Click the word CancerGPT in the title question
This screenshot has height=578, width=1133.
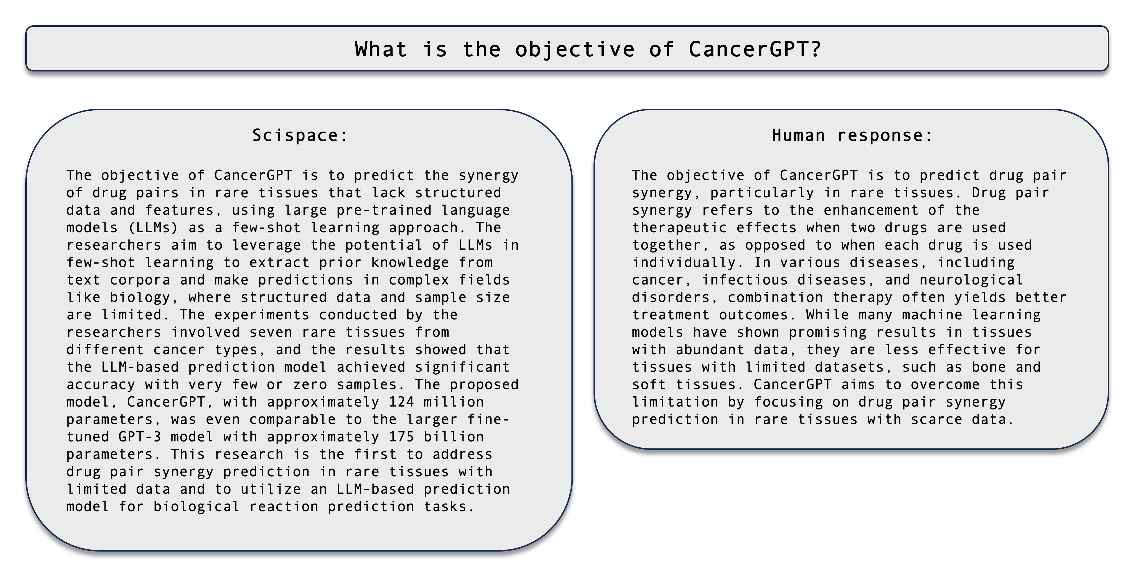[750, 49]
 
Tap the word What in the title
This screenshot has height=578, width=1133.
[381, 49]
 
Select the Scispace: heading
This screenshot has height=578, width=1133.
[300, 135]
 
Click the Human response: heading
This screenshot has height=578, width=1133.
[852, 135]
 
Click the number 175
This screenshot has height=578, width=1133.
[401, 437]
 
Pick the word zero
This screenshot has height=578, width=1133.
[310, 384]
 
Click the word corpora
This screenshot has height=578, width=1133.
[140, 280]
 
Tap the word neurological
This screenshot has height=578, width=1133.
[971, 280]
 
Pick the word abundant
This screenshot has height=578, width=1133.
[710, 350]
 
